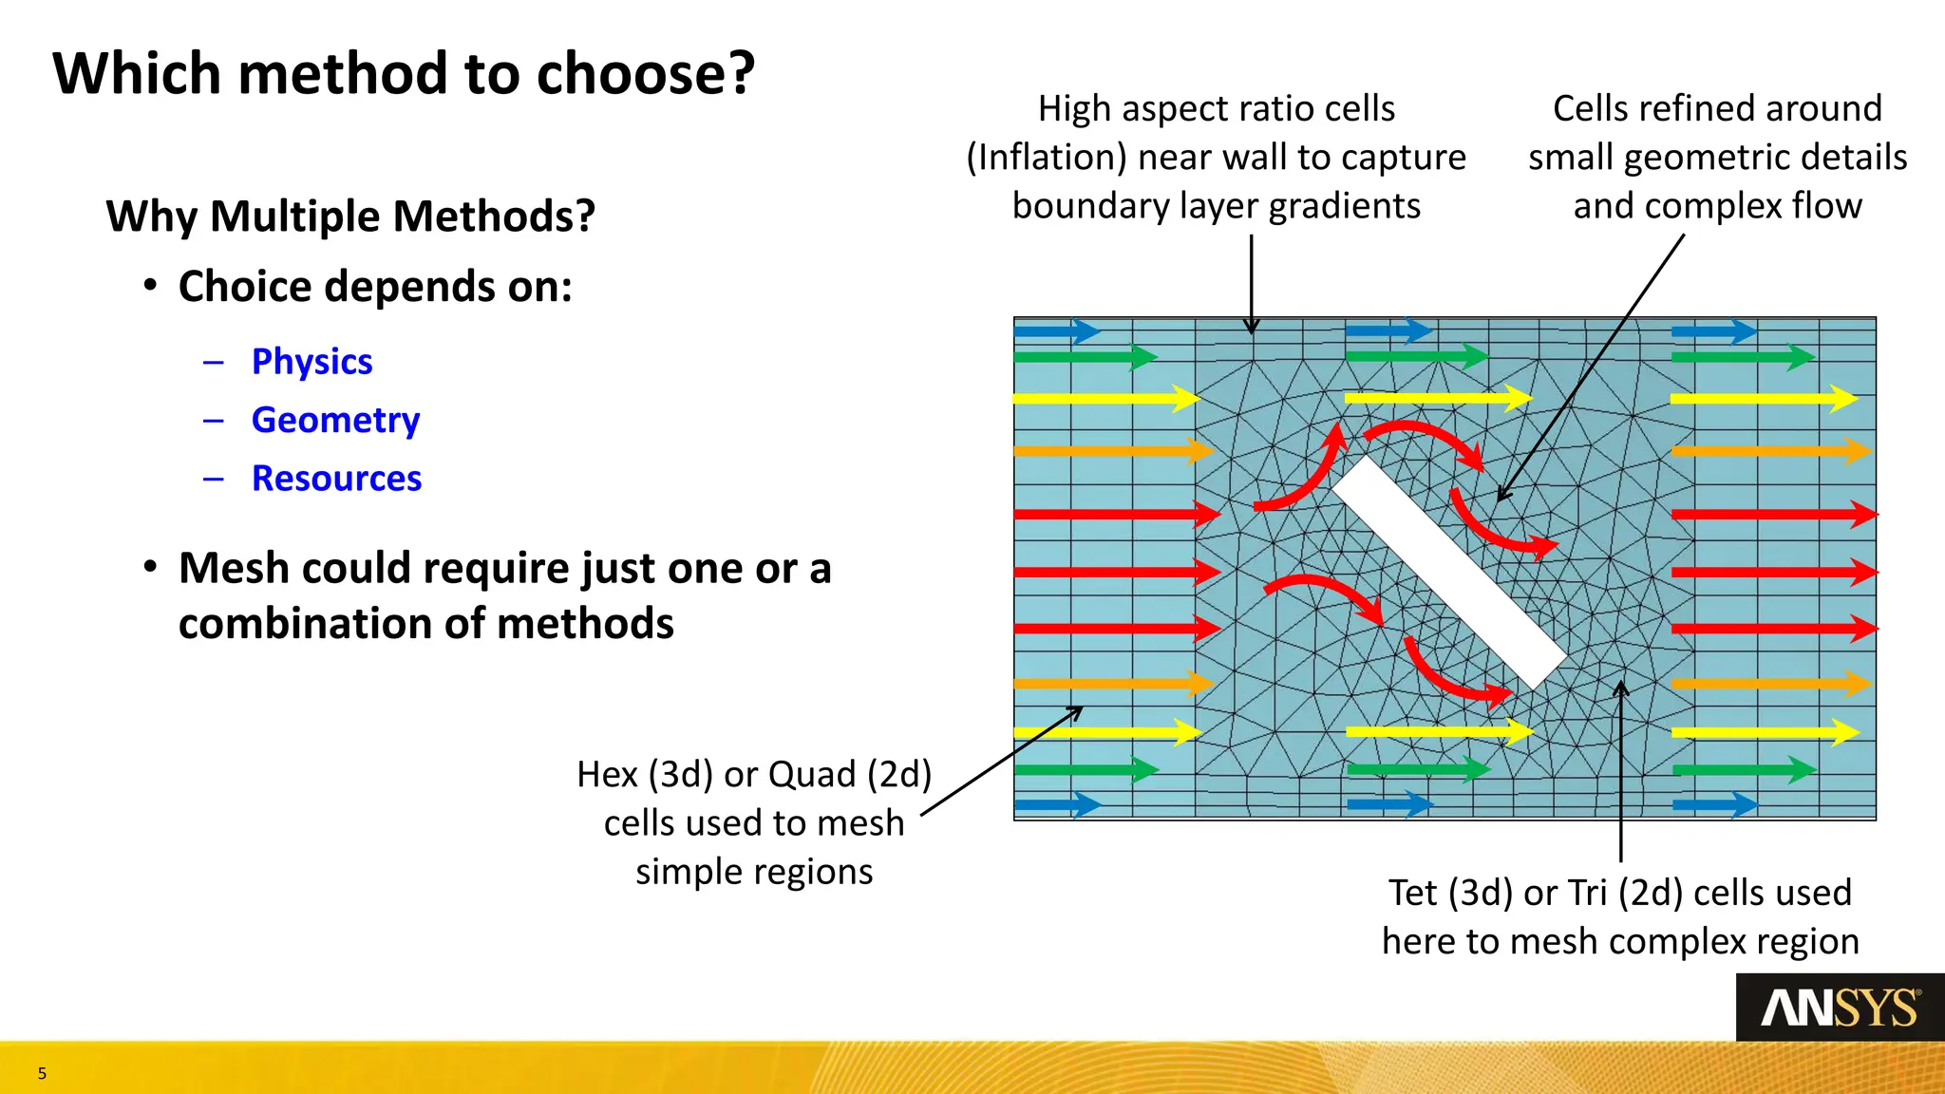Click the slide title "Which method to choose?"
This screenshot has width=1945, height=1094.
(x=404, y=74)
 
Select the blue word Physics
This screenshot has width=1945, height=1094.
(x=312, y=362)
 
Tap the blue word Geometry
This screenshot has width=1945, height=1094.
(x=335, y=420)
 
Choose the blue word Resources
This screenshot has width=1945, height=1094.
(x=336, y=479)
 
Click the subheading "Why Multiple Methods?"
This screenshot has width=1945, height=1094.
(x=350, y=217)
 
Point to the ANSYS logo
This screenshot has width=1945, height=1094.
(x=1840, y=1008)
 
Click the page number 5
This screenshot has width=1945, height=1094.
(x=42, y=1074)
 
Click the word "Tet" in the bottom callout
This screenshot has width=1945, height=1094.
(x=1412, y=894)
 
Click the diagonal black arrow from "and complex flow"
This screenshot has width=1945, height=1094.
(x=1596, y=361)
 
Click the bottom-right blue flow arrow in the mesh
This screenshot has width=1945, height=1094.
(x=1714, y=805)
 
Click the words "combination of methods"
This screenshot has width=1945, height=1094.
(x=425, y=625)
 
